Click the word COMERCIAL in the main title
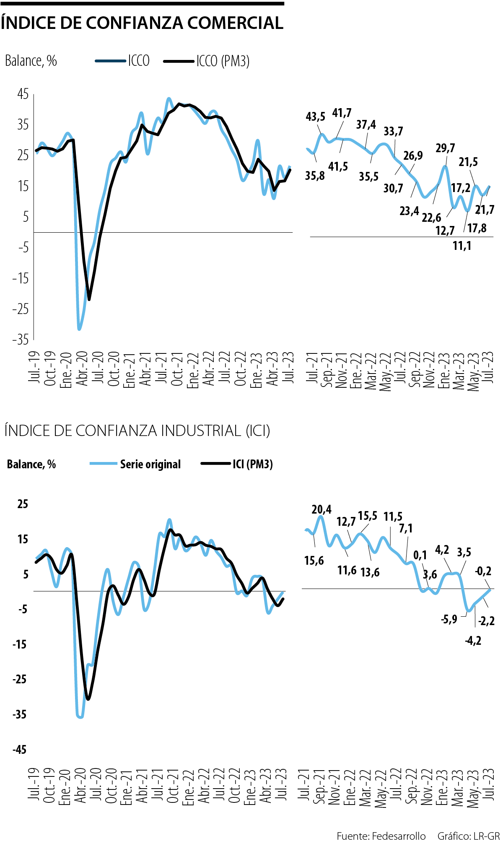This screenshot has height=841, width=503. click(235, 23)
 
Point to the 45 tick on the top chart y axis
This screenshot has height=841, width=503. click(23, 94)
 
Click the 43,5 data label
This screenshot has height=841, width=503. click(315, 117)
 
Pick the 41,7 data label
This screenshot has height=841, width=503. click(342, 113)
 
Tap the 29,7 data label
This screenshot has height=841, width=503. click(445, 148)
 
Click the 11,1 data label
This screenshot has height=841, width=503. click(462, 246)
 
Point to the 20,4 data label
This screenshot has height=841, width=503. click(321, 509)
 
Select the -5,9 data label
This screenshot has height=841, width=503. click(449, 619)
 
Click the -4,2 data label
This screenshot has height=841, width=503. click(473, 640)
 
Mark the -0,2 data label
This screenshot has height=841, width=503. click(483, 571)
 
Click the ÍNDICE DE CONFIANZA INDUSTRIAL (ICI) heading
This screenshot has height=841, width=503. click(137, 431)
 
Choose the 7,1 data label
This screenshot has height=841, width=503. click(405, 528)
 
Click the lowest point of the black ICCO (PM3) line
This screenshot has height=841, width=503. click(89, 299)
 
